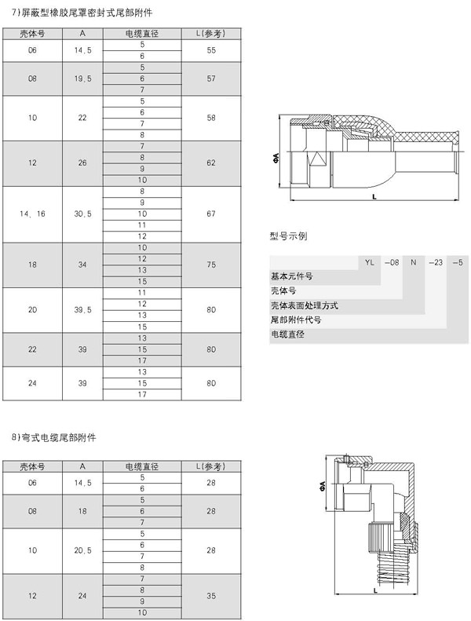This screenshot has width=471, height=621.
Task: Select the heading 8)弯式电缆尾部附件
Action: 57,435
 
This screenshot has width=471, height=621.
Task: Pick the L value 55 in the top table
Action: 210,49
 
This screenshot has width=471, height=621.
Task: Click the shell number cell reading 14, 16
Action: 32,214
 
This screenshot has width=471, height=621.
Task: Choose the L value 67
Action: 210,214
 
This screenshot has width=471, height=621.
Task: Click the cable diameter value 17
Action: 142,394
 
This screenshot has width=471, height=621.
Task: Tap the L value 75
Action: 210,265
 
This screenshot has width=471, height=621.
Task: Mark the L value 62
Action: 210,163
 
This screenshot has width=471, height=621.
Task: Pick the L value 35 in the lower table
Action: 210,597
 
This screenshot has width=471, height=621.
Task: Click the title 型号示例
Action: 289,236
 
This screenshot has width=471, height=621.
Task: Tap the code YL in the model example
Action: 369,262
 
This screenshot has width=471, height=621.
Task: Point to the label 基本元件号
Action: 291,276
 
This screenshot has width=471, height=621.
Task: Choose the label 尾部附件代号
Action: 296,320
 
